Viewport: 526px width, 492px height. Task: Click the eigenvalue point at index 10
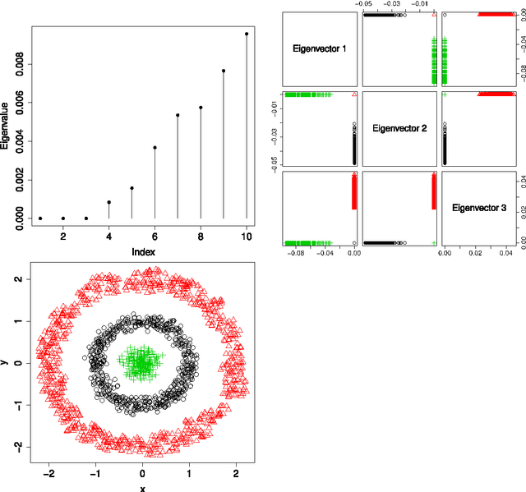[247, 34]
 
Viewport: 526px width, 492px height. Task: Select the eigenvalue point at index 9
[224, 71]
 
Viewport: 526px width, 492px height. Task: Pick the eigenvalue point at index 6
[155, 148]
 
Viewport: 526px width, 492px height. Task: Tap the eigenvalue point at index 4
[109, 202]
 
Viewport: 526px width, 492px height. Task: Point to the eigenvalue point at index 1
[40, 218]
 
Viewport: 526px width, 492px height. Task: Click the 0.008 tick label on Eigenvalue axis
[19, 64]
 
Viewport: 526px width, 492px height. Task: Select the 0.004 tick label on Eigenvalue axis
[19, 141]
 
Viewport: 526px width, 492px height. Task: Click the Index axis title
[143, 251]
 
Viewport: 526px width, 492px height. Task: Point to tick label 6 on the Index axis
[155, 237]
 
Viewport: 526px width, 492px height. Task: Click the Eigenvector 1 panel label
[320, 49]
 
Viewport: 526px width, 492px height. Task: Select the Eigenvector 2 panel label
[400, 128]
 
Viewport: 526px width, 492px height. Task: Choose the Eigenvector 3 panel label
[480, 208]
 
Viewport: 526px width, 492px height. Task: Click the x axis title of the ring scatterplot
[142, 488]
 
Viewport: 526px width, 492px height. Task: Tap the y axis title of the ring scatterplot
[7, 362]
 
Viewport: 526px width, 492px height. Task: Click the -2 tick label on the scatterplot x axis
[49, 474]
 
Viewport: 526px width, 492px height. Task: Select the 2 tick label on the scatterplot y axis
[18, 279]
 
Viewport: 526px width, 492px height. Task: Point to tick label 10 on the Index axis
[247, 237]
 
